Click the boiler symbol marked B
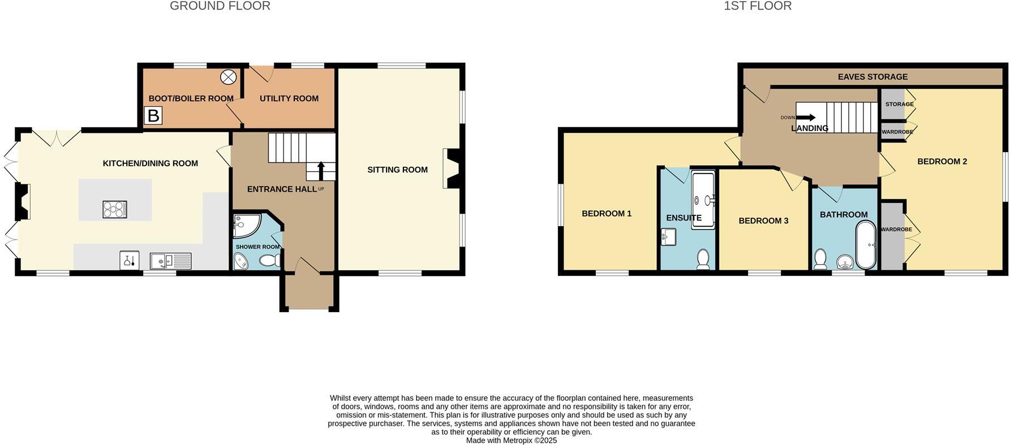(153, 115)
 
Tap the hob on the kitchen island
(115, 209)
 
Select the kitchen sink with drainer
(170, 261)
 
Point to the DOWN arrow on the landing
(806, 118)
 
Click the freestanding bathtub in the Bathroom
(866, 245)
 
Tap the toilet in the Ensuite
(703, 259)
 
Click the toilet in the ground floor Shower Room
(270, 260)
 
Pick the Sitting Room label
(397, 170)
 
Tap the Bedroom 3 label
(763, 221)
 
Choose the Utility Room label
(289, 98)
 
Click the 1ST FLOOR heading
(757, 6)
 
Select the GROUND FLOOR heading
(220, 6)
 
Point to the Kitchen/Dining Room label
(150, 163)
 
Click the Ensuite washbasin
(668, 237)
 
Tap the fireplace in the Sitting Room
(452, 168)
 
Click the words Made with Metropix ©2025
(511, 440)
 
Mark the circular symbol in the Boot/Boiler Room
(227, 77)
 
